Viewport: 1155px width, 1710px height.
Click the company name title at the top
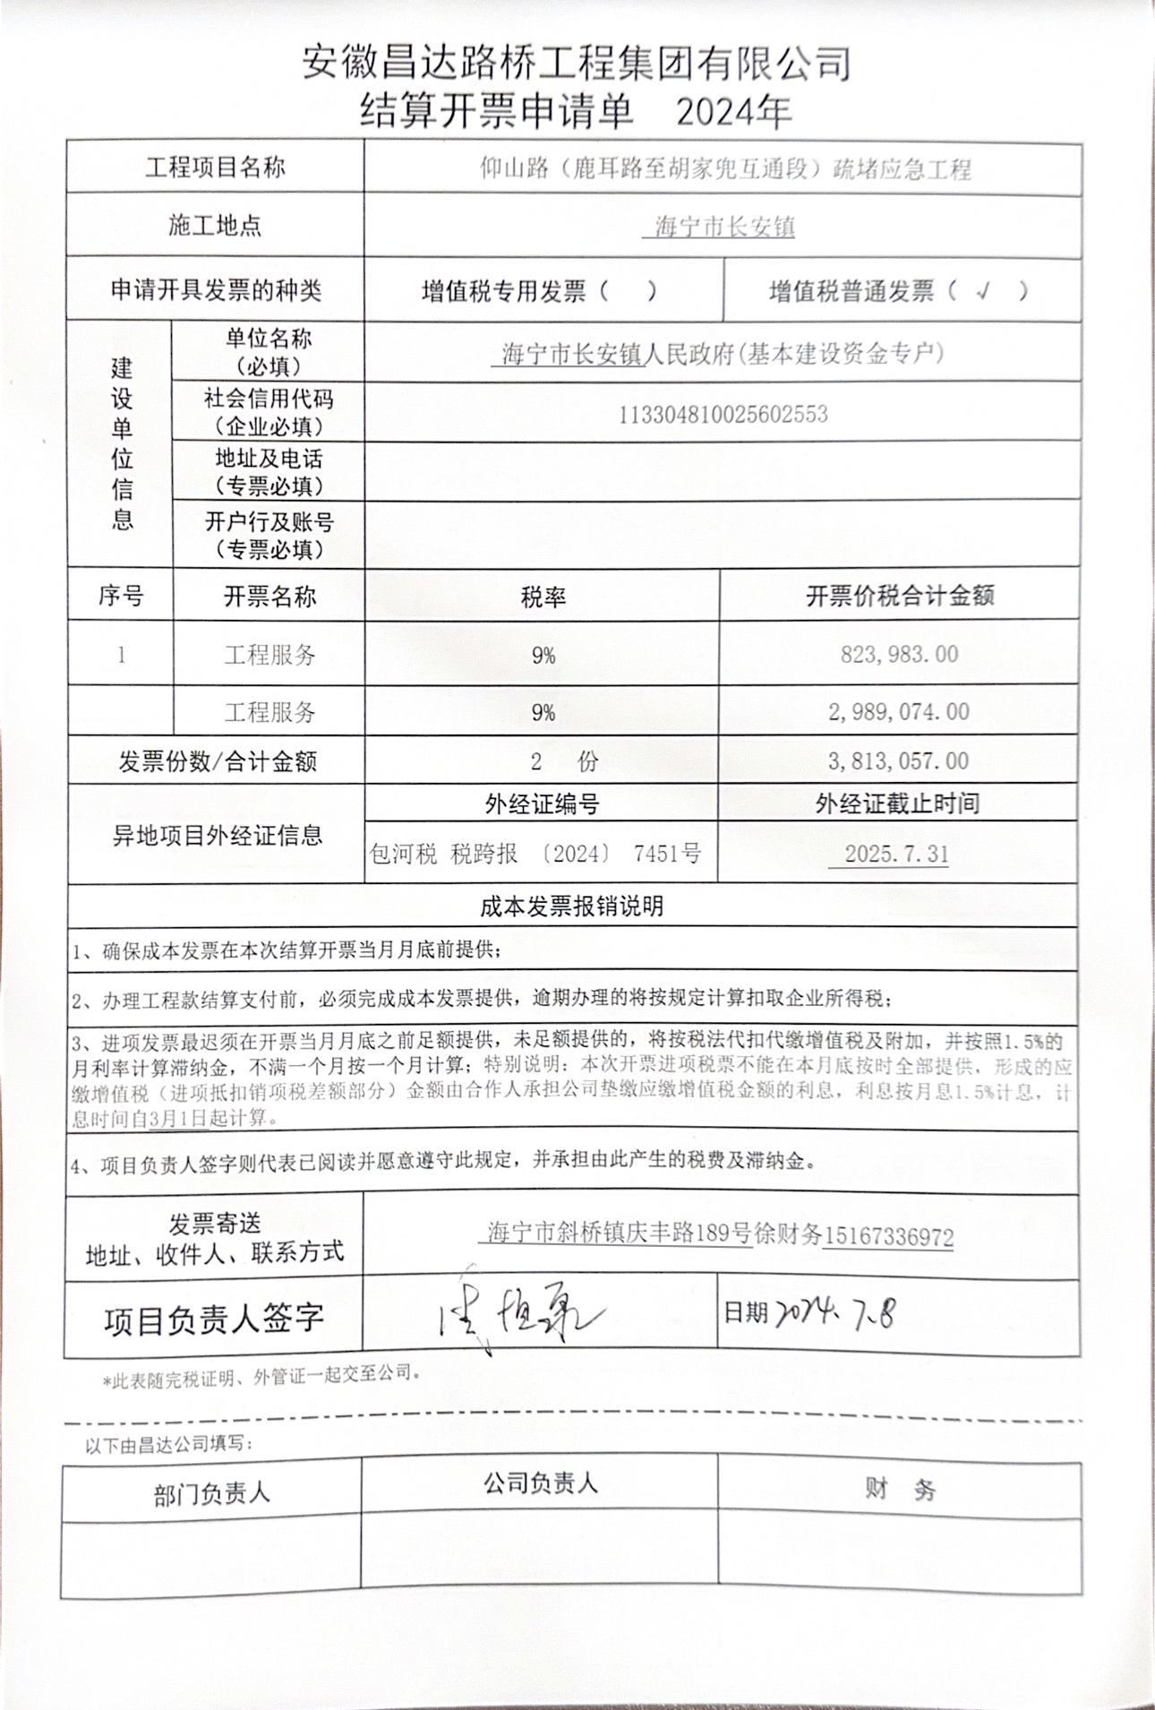click(576, 63)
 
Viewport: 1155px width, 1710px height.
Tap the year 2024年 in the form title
click(733, 112)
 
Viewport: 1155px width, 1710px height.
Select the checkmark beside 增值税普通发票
click(984, 290)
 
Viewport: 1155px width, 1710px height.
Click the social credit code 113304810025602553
click(723, 415)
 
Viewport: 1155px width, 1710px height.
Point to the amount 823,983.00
click(899, 654)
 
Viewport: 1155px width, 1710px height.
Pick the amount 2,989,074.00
click(898, 712)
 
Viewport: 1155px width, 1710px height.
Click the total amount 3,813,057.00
click(898, 761)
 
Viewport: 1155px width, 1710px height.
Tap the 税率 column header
click(543, 597)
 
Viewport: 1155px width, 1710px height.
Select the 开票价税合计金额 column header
click(899, 597)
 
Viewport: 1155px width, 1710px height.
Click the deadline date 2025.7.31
click(896, 854)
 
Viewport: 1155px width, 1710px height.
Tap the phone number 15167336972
click(888, 1237)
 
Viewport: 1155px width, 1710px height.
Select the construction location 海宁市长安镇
click(723, 227)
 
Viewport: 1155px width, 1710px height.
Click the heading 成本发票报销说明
click(571, 907)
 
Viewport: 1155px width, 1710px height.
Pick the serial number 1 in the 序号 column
click(121, 655)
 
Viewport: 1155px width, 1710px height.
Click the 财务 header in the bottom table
click(899, 1489)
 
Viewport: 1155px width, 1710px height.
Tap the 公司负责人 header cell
click(540, 1483)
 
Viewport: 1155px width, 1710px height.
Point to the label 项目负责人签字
click(213, 1319)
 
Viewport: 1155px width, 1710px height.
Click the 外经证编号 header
click(542, 804)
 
